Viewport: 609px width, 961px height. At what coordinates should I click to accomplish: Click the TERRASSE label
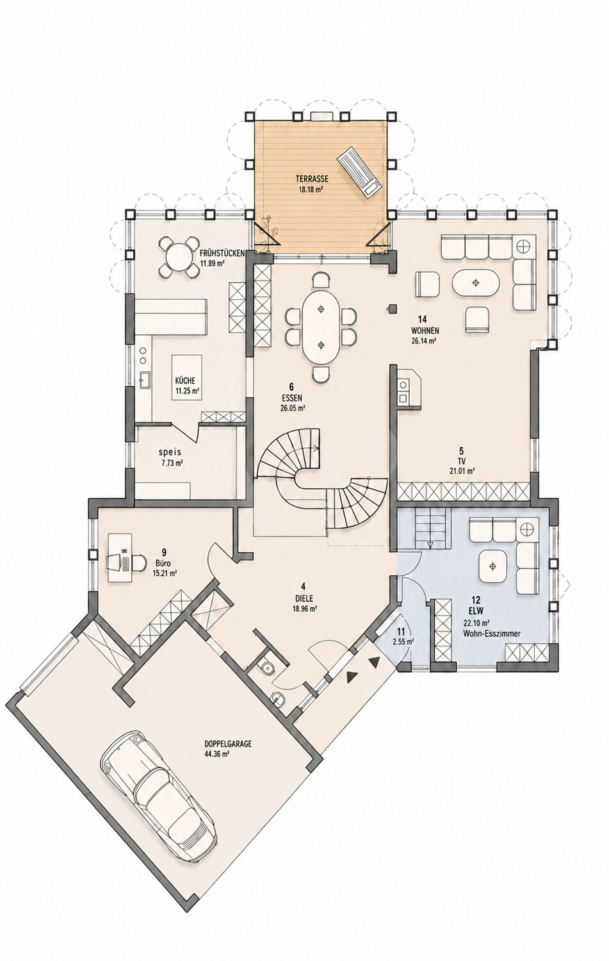pyautogui.click(x=312, y=179)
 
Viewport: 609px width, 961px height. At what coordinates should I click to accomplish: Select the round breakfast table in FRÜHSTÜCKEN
pyautogui.click(x=177, y=256)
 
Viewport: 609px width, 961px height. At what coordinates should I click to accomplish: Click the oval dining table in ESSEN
pyautogui.click(x=321, y=327)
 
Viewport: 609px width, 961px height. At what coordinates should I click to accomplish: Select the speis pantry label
pyautogui.click(x=170, y=452)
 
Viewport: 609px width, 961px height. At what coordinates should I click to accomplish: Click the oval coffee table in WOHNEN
pyautogui.click(x=475, y=283)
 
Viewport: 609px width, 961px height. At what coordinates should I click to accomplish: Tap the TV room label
pyautogui.click(x=462, y=462)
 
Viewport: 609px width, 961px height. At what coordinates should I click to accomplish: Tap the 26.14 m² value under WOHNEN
pyautogui.click(x=423, y=341)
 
